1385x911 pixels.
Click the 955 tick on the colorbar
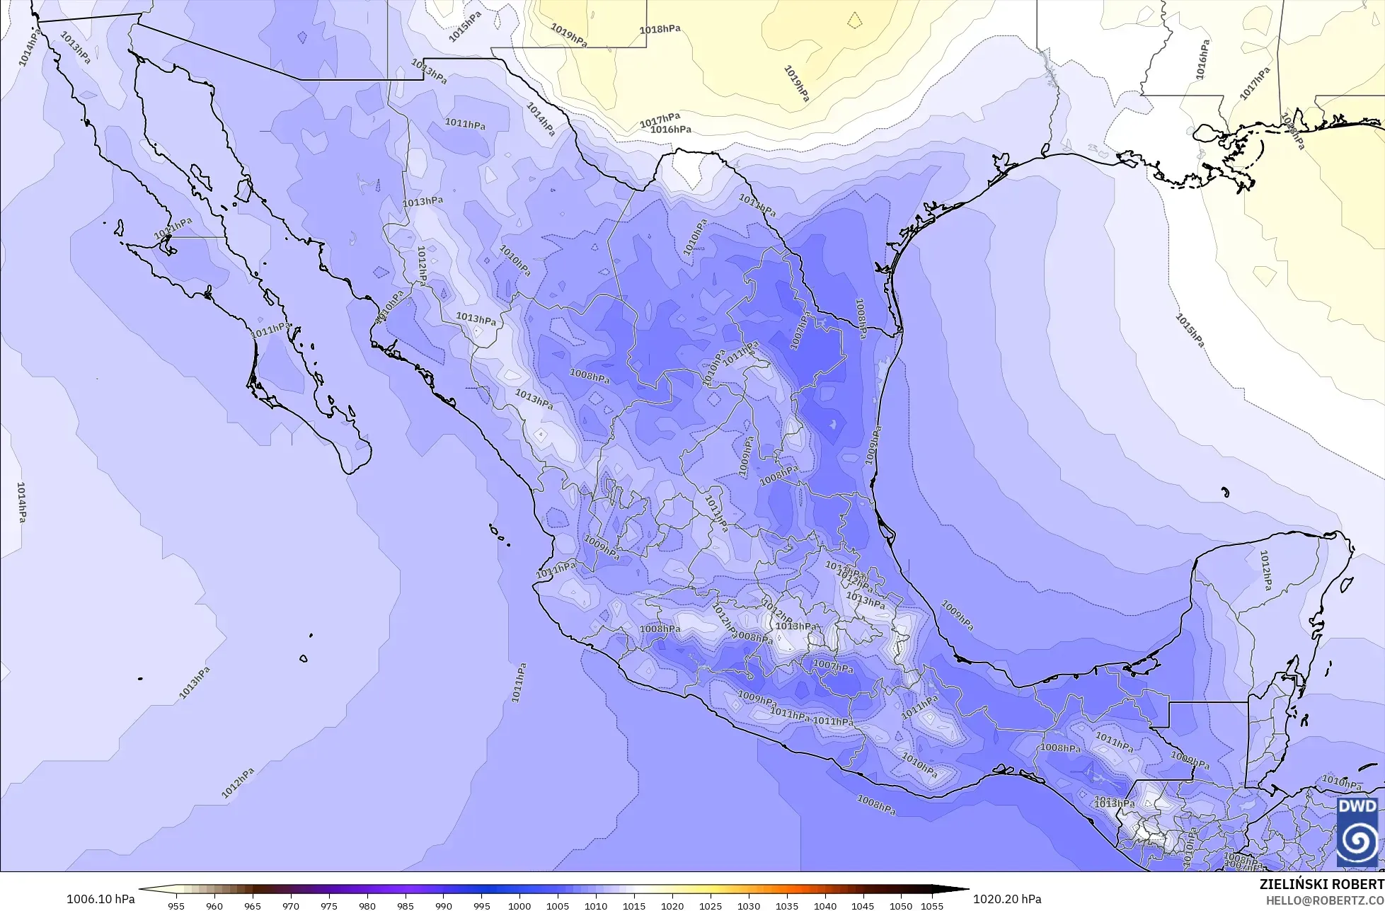click(x=176, y=905)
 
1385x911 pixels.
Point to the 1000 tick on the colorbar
click(x=519, y=905)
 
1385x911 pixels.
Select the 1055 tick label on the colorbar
click(x=932, y=905)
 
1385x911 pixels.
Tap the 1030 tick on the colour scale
click(x=749, y=905)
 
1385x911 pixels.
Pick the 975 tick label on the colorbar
click(x=328, y=905)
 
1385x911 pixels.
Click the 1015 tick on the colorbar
click(x=634, y=905)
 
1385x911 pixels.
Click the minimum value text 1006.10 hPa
click(x=100, y=899)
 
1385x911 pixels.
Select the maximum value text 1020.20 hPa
click(x=1007, y=899)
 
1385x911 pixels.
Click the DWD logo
click(x=1357, y=832)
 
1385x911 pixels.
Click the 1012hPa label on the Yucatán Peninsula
click(x=1265, y=570)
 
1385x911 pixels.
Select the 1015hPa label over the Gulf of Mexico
click(x=1190, y=330)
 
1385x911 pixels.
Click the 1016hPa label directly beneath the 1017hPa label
click(x=670, y=130)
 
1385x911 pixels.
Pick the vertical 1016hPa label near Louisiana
click(x=1201, y=59)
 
